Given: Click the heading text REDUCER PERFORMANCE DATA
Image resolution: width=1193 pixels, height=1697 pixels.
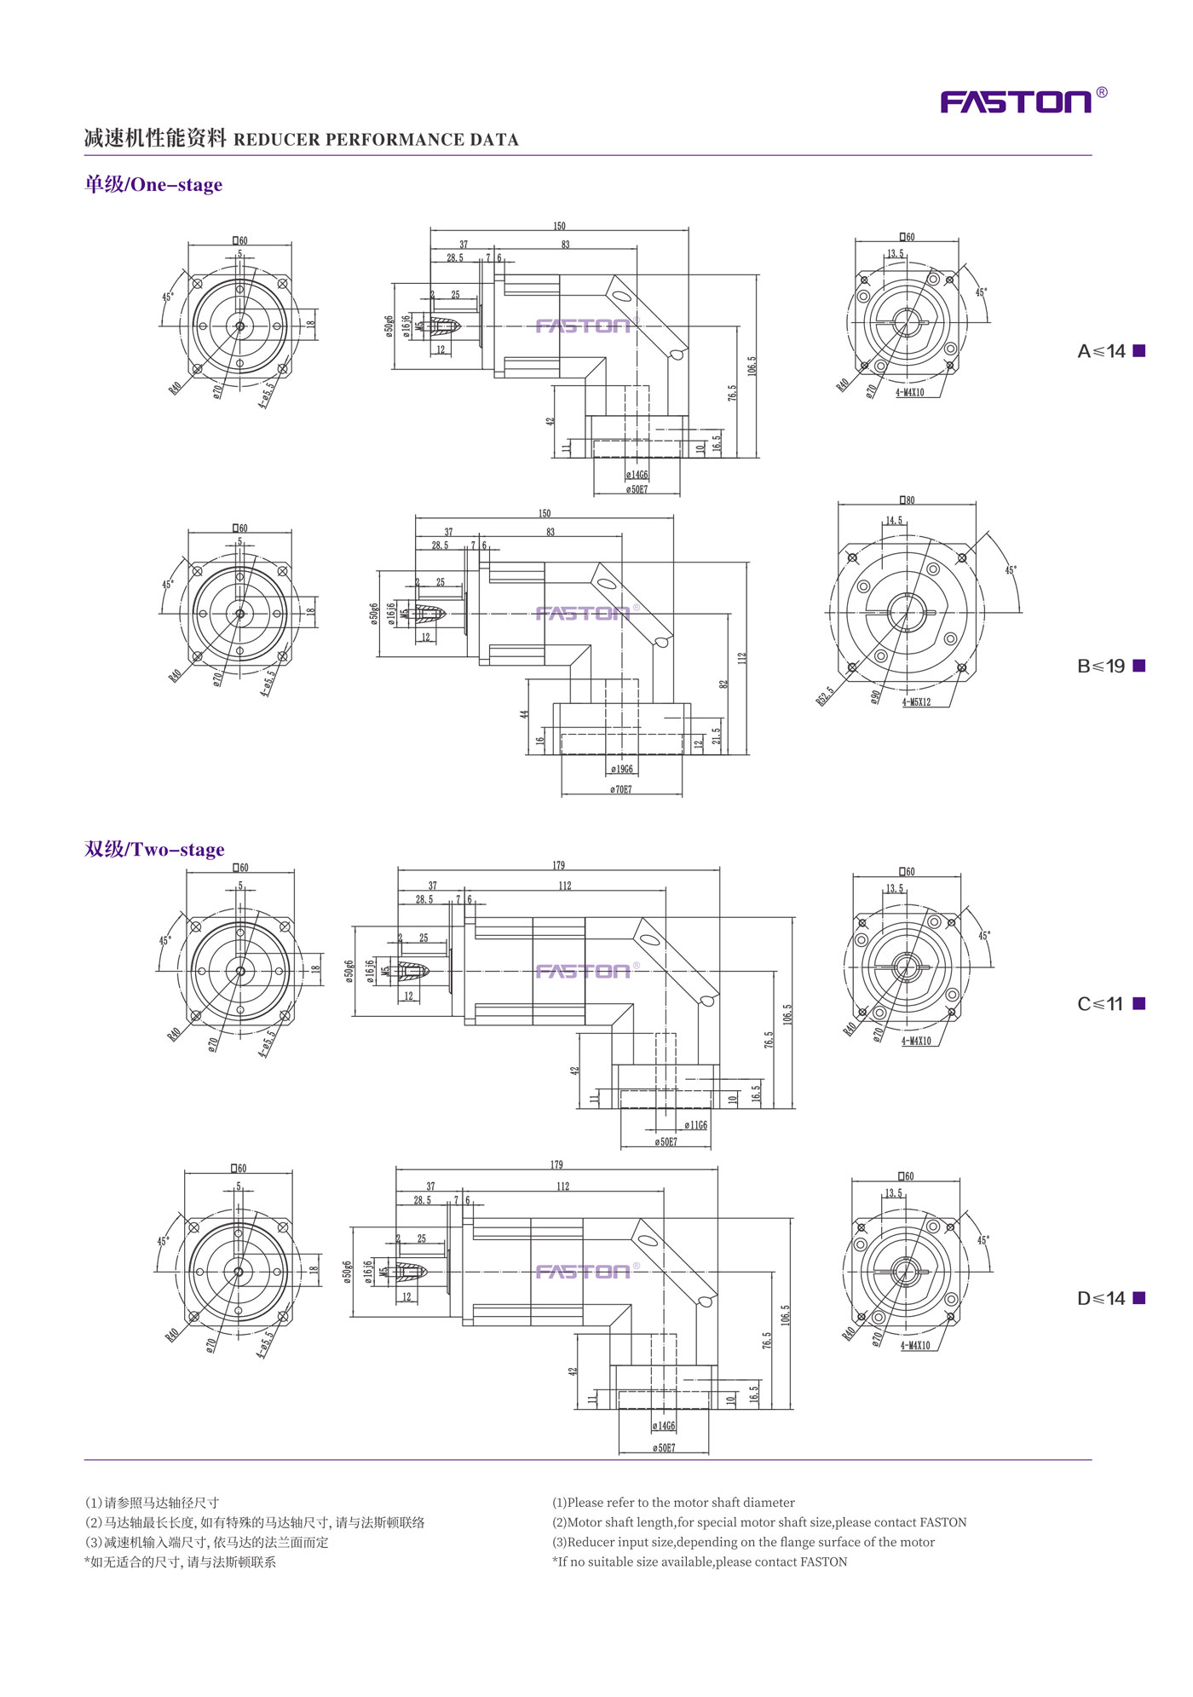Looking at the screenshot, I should [376, 140].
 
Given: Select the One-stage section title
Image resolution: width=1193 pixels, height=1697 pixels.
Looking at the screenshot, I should [153, 185].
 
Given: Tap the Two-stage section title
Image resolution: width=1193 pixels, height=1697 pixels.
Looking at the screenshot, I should [154, 850].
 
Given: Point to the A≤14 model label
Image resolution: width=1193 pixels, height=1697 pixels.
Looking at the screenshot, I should [1101, 351].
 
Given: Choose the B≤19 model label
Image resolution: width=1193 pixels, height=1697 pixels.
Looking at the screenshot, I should [1101, 666].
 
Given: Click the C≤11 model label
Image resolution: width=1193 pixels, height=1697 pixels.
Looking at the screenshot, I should [1100, 1004].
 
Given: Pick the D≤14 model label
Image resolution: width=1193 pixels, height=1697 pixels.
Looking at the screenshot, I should [1101, 1298].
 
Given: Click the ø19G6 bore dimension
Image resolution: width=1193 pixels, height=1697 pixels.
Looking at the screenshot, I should [622, 770].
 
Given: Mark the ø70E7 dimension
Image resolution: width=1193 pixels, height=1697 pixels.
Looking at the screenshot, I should [621, 790].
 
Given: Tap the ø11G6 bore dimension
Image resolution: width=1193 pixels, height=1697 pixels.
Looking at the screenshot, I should [695, 1126].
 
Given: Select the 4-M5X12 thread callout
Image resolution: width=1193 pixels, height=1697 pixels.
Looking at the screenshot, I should [917, 702].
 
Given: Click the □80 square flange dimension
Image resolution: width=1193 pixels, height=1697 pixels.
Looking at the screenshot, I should [908, 500].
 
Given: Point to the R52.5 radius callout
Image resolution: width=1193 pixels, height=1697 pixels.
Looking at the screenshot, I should [825, 696].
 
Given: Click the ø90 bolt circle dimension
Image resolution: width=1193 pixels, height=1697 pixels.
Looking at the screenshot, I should [875, 696].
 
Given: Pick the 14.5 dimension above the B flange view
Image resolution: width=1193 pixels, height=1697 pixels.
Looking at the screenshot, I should [893, 520].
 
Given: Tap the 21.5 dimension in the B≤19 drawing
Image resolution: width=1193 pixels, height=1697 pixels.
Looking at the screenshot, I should [717, 736].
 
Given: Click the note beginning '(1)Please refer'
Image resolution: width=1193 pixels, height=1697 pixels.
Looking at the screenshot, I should [673, 1503].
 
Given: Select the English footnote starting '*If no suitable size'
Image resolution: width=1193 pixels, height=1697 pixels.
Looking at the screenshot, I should [700, 1561].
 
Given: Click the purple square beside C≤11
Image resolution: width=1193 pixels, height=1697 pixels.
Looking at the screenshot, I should [1139, 1003].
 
